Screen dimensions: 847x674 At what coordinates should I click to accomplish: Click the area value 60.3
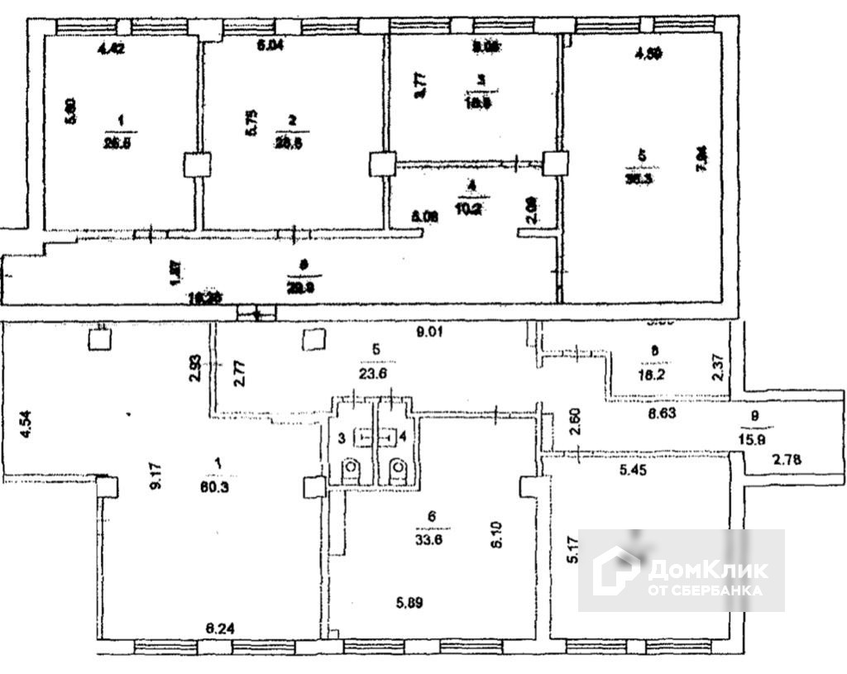218,486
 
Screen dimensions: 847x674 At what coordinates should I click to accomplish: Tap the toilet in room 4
398,471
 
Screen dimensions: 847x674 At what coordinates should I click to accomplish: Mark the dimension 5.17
571,571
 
